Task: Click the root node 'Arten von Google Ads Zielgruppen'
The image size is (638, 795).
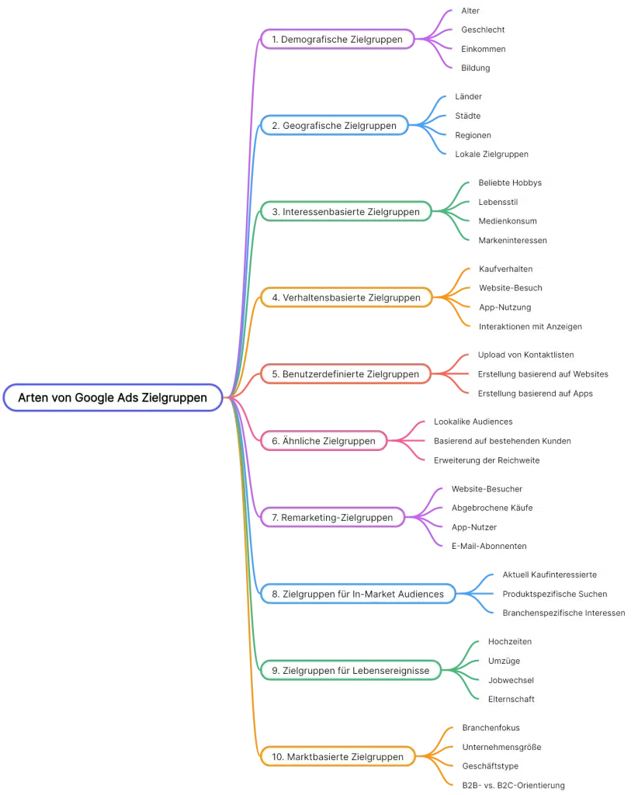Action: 113,397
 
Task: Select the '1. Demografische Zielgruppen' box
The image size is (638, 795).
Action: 337,39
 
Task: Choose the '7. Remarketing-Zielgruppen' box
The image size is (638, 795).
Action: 331,517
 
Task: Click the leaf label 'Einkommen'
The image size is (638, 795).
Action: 483,49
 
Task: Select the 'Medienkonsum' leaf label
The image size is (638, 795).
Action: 508,221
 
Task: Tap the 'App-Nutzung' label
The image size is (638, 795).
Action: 505,307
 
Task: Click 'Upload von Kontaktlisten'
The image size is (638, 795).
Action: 525,355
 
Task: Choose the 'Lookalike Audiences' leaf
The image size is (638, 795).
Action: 473,422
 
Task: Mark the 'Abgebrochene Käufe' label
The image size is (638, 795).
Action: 492,508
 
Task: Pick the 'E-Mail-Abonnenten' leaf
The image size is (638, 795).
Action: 489,546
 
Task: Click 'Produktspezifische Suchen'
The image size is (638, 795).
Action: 555,594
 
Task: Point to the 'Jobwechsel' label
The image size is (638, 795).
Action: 511,680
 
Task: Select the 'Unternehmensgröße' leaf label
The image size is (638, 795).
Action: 501,747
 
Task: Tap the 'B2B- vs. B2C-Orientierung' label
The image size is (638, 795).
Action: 512,785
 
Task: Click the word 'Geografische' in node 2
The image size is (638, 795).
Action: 314,125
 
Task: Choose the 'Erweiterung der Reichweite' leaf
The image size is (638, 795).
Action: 487,460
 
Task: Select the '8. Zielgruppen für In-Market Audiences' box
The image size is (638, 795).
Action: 357,594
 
